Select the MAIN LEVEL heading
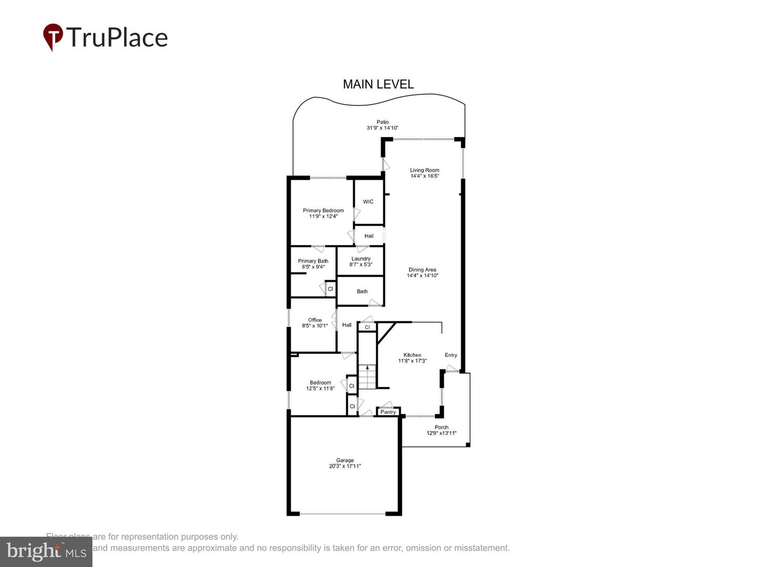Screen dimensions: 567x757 [378, 84]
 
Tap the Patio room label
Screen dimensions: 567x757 [382, 122]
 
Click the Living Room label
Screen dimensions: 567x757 [424, 170]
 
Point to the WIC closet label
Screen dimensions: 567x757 [368, 202]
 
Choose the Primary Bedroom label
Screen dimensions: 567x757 [323, 211]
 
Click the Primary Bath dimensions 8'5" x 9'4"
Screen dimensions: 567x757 [313, 267]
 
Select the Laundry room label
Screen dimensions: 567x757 [361, 258]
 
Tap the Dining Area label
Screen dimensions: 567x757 [422, 270]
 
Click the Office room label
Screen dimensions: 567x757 [314, 320]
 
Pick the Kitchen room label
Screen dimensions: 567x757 [412, 355]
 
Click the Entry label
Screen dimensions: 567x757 [451, 355]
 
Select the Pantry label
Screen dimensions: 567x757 [388, 412]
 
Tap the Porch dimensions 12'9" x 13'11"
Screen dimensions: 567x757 [441, 433]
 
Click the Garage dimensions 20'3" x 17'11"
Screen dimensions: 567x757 [345, 466]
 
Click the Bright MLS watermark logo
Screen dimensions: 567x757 [46, 551]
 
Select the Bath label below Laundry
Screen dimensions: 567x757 [362, 291]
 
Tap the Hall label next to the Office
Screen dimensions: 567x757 [346, 325]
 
